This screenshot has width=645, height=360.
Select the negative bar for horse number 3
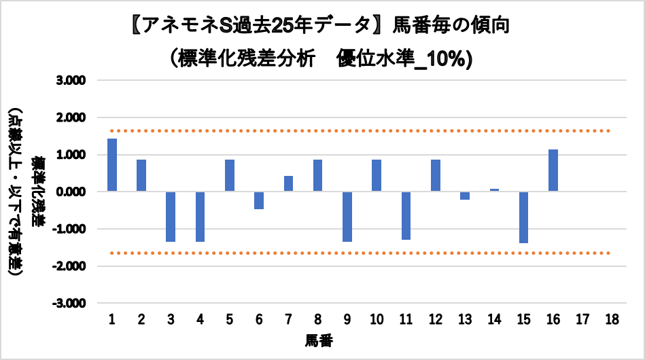coord(171,217)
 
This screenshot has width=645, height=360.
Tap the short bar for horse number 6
coord(259,200)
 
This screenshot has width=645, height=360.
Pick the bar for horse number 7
coord(288,184)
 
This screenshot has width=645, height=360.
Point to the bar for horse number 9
coord(347,217)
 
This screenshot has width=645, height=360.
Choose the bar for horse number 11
coord(406,216)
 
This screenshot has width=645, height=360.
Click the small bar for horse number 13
coord(465,196)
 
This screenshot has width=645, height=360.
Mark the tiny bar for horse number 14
coord(494,190)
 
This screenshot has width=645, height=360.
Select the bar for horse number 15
coord(523,217)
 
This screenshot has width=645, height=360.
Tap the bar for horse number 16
coord(553,170)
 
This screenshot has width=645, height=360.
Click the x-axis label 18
coord(612,319)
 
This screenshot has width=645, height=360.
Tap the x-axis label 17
coord(582,319)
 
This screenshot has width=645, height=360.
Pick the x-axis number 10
coord(377,319)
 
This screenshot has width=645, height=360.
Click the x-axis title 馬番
coord(318,338)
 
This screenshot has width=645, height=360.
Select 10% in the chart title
coord(446,58)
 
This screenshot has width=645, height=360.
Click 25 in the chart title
coord(283,26)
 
